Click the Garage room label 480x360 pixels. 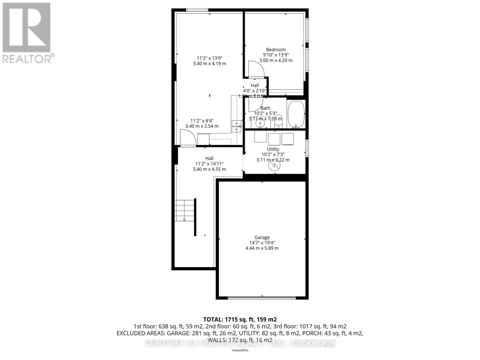pyautogui.click(x=262, y=237)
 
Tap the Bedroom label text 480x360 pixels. pyautogui.click(x=276, y=49)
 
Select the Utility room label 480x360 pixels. pyautogui.click(x=273, y=149)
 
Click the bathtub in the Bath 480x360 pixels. pyautogui.click(x=296, y=114)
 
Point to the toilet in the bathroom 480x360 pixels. pyautogui.click(x=279, y=121)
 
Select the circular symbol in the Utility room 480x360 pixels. pyautogui.click(x=274, y=165)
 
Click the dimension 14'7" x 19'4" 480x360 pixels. pyautogui.click(x=262, y=243)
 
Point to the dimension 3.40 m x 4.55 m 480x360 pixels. pyautogui.click(x=209, y=169)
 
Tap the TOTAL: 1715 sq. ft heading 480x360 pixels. pyautogui.click(x=240, y=319)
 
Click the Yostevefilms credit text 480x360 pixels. pyautogui.click(x=240, y=350)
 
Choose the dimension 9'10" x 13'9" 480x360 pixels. pyautogui.click(x=276, y=55)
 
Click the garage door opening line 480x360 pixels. pyautogui.click(x=262, y=298)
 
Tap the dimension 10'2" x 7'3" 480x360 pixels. pyautogui.click(x=273, y=154)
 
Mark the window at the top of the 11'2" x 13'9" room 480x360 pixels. pyautogui.click(x=197, y=10)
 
